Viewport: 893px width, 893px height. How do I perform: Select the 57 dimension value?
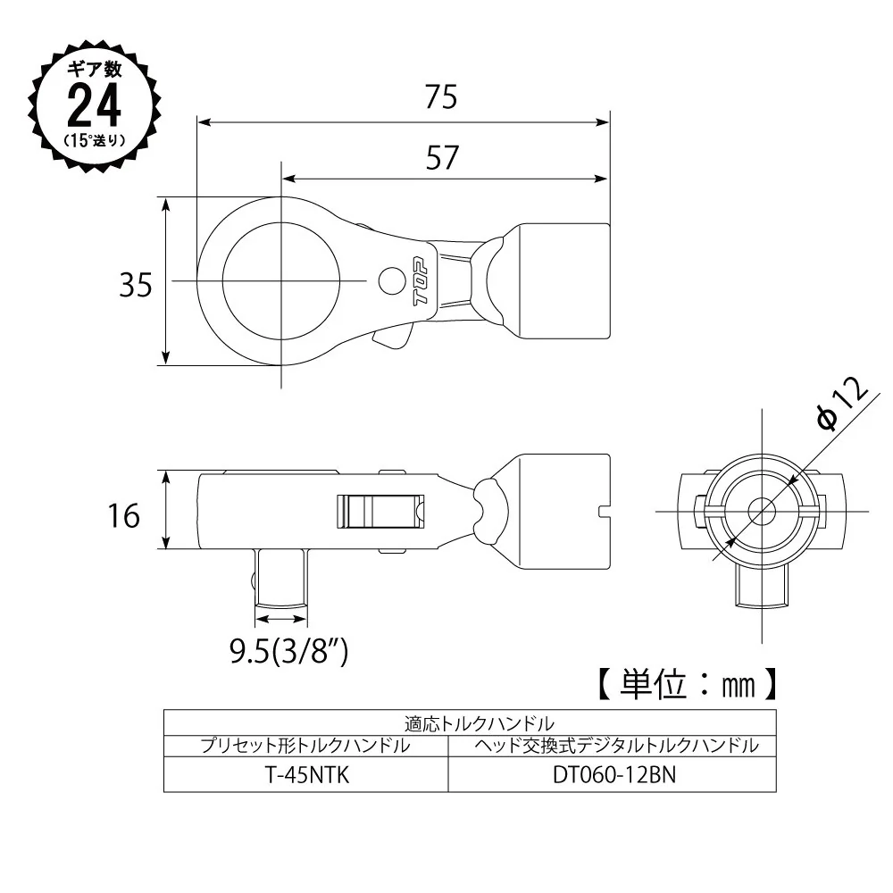pos(442,158)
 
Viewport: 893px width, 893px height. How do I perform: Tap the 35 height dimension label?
pos(136,285)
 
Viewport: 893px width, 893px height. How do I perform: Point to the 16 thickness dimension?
pos(123,516)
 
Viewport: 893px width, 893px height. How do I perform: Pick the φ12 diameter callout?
pos(843,404)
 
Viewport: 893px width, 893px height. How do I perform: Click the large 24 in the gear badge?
pos(94,105)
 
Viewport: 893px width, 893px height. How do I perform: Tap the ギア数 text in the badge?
pos(95,69)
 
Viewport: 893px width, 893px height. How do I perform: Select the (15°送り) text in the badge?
pos(95,139)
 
